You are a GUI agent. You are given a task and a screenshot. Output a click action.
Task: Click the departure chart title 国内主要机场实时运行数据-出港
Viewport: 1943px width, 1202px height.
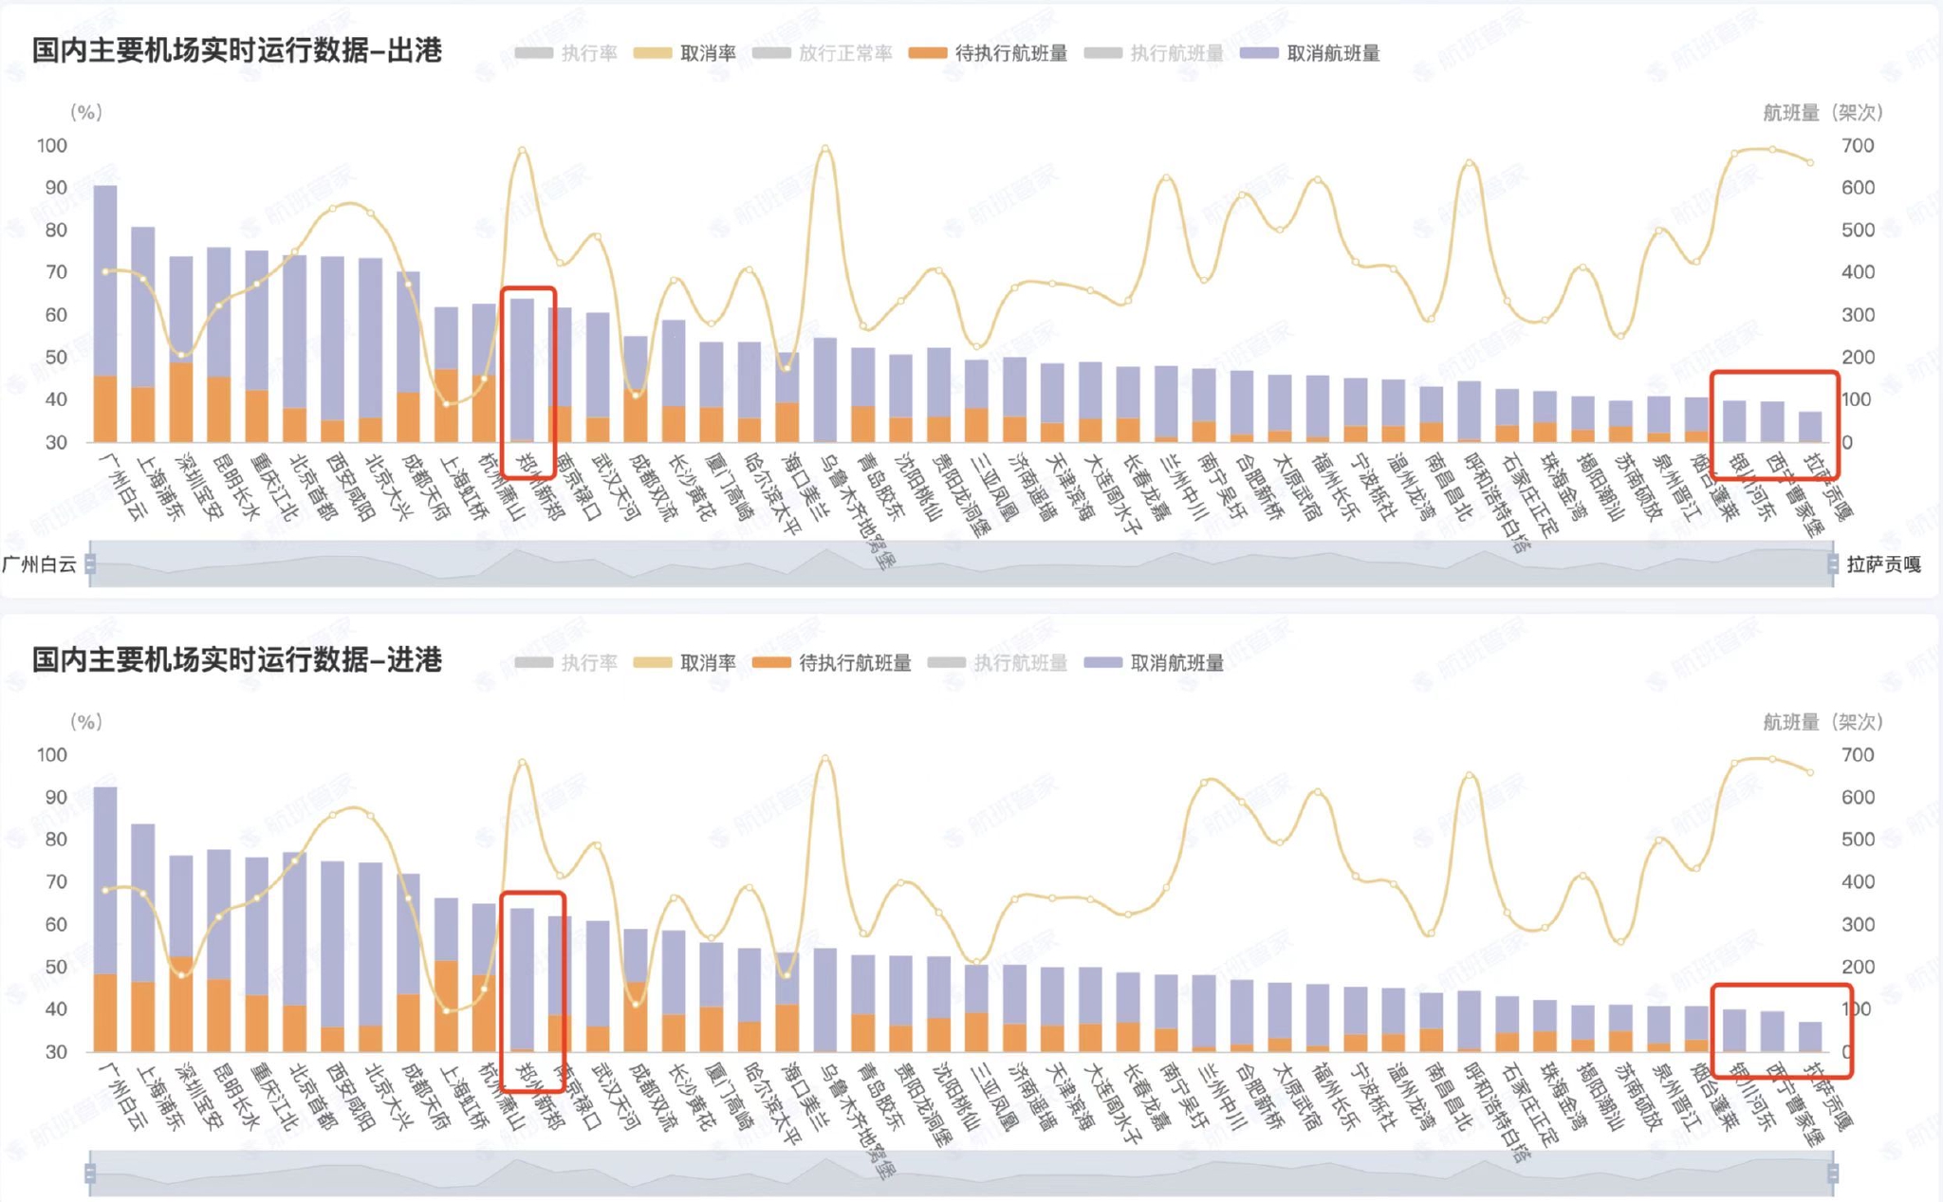click(237, 51)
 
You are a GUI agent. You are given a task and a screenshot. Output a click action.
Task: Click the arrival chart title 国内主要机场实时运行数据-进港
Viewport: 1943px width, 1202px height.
click(237, 660)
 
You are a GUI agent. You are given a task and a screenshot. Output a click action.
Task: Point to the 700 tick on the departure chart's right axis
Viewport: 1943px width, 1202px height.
click(1858, 146)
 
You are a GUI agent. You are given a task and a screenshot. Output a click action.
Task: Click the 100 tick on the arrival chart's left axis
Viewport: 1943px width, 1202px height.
click(52, 755)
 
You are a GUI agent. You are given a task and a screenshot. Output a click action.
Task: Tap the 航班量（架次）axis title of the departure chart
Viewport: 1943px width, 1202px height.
click(1822, 113)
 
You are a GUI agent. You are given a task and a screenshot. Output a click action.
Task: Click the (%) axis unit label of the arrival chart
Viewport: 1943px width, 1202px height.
click(85, 722)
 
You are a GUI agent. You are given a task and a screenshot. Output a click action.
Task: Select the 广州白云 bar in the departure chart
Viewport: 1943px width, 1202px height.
click(105, 313)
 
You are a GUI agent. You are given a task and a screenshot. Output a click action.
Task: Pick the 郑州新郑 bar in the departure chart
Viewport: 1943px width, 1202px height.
click(522, 370)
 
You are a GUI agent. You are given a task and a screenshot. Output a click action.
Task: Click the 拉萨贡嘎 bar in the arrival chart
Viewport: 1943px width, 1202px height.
click(1810, 1037)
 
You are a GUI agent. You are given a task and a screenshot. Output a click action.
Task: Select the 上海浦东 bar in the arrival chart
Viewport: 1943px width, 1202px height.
click(143, 934)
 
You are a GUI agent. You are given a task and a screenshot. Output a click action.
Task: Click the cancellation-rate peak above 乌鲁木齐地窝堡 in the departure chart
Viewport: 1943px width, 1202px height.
click(825, 148)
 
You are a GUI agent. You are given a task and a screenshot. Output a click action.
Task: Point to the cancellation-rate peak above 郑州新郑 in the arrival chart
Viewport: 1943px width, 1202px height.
click(522, 761)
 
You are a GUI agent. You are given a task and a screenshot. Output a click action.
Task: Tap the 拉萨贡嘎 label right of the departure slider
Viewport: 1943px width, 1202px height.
click(1883, 565)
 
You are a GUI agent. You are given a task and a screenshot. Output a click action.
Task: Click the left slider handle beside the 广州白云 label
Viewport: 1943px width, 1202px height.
click(90, 564)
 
